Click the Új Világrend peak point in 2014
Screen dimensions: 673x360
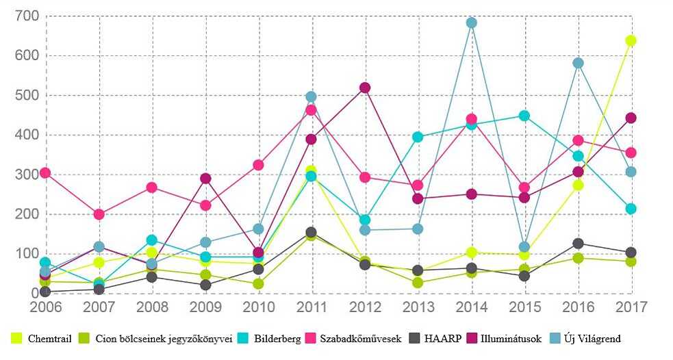(471, 23)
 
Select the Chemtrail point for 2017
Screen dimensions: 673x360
(631, 41)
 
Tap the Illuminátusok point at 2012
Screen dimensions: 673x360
(365, 88)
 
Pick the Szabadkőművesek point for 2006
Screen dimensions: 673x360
(45, 173)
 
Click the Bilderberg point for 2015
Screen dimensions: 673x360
(524, 116)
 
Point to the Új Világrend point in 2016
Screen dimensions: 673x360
(578, 64)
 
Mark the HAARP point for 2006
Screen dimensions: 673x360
(45, 292)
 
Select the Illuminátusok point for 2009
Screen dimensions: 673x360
(205, 179)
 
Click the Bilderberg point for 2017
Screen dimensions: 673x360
(631, 209)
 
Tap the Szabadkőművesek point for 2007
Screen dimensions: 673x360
(99, 214)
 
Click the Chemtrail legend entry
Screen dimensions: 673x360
(42, 339)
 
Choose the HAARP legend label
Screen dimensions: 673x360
(442, 339)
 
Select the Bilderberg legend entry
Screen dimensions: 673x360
(269, 339)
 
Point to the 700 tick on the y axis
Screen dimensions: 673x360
(27, 16)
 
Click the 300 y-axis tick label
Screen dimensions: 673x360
(27, 175)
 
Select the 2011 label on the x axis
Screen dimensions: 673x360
(312, 307)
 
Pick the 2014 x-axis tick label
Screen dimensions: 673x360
(471, 307)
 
